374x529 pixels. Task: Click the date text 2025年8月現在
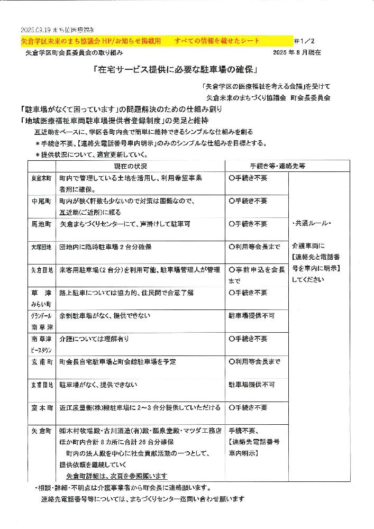pyautogui.click(x=297, y=53)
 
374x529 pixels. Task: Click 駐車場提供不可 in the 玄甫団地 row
pyautogui.click(x=251, y=385)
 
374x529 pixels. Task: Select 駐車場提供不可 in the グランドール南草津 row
pyautogui.click(x=251, y=315)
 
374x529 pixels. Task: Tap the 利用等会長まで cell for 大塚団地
pyautogui.click(x=255, y=247)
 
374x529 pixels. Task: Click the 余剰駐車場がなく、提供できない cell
pyautogui.click(x=105, y=315)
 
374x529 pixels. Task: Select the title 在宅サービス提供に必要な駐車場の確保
pyautogui.click(x=175, y=69)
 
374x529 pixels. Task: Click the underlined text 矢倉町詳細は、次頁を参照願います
pyautogui.click(x=117, y=476)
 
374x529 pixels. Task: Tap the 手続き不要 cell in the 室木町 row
pyautogui.click(x=248, y=408)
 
